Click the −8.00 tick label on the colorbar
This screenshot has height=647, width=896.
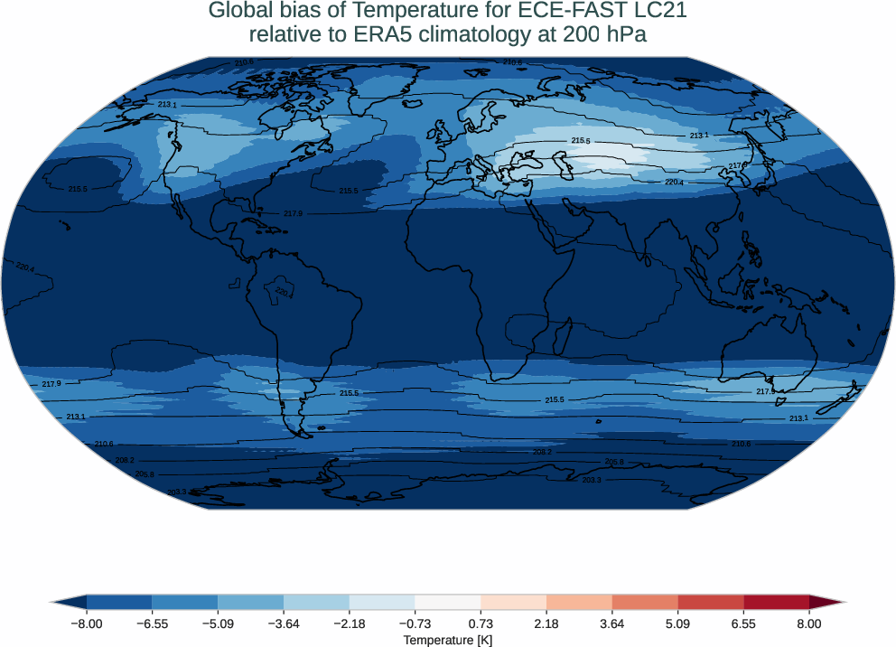point(87,624)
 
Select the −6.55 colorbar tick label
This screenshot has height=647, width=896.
point(152,624)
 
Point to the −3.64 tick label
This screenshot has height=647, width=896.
point(284,624)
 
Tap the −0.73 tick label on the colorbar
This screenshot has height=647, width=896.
point(415,624)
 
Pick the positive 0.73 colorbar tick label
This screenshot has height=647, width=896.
point(481,624)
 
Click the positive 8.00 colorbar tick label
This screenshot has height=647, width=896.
point(809,624)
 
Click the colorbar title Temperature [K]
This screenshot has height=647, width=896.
point(448,640)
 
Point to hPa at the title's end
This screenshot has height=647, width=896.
point(626,34)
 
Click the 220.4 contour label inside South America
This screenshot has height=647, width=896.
point(285,294)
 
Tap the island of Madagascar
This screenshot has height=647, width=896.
point(560,340)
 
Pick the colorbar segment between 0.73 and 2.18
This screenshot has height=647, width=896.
point(513,602)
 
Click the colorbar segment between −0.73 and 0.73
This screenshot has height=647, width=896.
point(448,602)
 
